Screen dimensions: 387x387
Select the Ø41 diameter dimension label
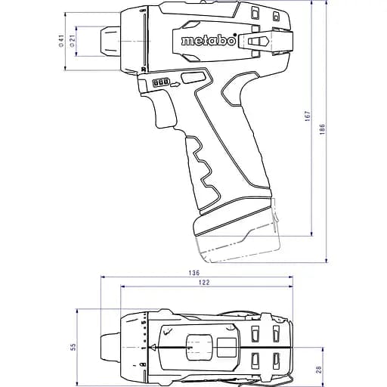click(x=60, y=42)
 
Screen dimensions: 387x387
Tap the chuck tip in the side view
click(x=106, y=42)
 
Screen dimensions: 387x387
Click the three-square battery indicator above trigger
click(x=159, y=85)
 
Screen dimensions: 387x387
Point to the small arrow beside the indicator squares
click(x=175, y=85)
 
